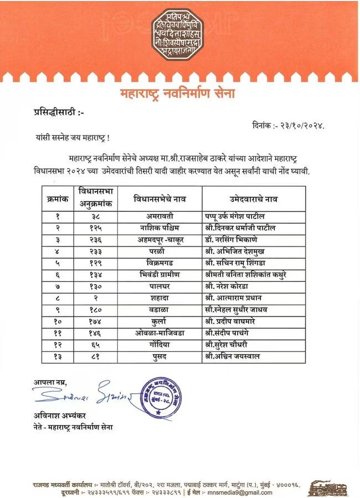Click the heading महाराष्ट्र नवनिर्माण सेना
[178, 94]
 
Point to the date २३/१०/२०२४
[300, 126]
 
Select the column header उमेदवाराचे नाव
[253, 199]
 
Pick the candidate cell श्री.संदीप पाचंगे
[238, 333]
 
